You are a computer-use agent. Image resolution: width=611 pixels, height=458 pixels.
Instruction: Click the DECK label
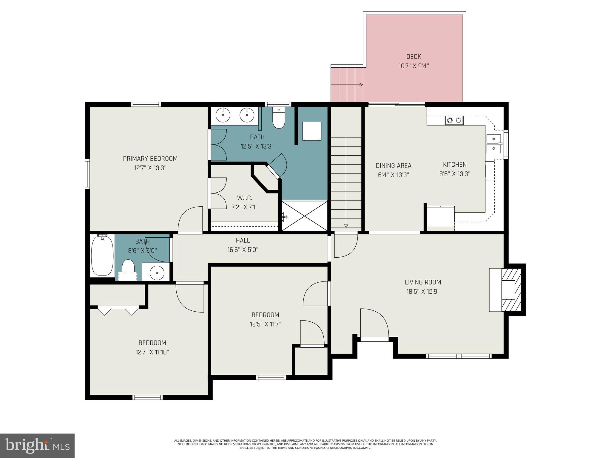coord(413,57)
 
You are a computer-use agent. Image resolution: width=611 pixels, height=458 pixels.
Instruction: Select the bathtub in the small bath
coord(102,255)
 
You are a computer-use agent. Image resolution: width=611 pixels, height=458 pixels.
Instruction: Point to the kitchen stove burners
coord(454,120)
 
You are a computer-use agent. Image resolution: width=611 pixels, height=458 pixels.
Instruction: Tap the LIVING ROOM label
coord(423,282)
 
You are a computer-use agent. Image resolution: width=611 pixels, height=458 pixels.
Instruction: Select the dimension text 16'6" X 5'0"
coord(243,250)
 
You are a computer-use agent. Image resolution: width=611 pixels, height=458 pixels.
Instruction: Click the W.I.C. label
coord(244,198)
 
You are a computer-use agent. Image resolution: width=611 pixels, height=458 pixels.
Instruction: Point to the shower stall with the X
coord(304,216)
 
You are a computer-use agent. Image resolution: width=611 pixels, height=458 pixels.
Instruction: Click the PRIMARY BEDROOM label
coord(150,159)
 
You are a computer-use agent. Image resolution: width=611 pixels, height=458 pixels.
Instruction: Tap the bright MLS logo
coord(37,445)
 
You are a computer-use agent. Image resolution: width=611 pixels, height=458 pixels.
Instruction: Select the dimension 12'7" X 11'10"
coord(152,352)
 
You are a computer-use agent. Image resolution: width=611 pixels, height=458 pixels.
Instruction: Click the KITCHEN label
coord(454,165)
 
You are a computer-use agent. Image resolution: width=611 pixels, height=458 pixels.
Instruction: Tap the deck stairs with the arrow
coord(347,85)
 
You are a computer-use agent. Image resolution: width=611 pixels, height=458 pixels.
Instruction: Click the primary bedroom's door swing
coord(190,219)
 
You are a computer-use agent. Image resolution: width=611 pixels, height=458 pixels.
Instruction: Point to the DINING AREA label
coord(393,165)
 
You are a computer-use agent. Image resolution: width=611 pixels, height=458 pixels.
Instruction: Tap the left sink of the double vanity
coord(223,115)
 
